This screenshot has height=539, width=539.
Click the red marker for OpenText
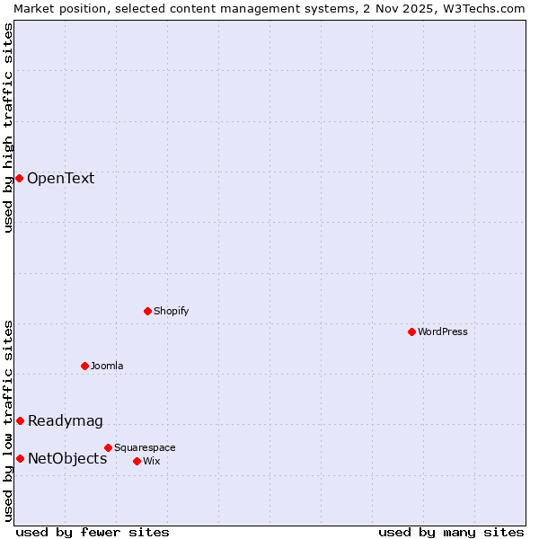[x=19, y=178]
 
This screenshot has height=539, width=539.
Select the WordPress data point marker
[x=411, y=331]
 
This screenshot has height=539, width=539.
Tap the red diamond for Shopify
[x=147, y=311]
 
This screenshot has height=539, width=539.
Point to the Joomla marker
[x=84, y=366]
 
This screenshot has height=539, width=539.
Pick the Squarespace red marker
[x=108, y=447]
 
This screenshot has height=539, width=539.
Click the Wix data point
[x=137, y=461]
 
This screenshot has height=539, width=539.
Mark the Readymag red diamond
[x=20, y=420]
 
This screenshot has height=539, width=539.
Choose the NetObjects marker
[x=20, y=458]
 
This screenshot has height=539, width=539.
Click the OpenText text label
[x=60, y=178]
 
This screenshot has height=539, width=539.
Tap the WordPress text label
[x=443, y=331]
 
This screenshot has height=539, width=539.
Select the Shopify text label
[x=171, y=311]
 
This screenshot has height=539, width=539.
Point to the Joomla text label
[x=107, y=366]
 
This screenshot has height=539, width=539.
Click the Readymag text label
[x=66, y=420]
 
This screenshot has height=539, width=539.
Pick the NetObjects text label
[x=67, y=458]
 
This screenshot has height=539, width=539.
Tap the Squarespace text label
[x=145, y=447]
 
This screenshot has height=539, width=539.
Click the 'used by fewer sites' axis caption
[x=93, y=532]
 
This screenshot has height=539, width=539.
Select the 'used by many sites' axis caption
[x=451, y=532]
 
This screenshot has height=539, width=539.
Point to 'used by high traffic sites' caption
[x=8, y=128]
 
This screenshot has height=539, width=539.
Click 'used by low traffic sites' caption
[x=8, y=420]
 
